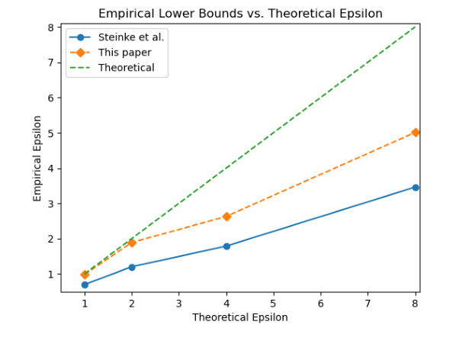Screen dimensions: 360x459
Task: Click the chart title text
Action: [240, 14]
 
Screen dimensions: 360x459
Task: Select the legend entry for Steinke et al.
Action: [130, 37]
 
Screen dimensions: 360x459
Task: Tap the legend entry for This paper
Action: [125, 53]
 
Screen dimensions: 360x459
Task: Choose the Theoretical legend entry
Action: [127, 68]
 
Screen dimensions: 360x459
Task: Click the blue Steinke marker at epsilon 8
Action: [416, 187]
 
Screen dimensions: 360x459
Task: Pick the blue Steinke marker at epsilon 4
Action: [226, 246]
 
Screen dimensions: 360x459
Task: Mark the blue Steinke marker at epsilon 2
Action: [132, 267]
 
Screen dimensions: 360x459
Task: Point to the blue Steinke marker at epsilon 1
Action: [85, 284]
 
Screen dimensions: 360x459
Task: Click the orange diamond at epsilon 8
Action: [416, 132]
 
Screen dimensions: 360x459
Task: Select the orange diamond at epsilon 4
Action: [226, 217]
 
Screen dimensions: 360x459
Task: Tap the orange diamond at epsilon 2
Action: [132, 243]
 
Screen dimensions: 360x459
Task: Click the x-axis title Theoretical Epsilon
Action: [240, 317]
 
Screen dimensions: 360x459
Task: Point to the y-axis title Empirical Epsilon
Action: [37, 159]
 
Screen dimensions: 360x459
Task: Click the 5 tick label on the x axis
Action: [274, 303]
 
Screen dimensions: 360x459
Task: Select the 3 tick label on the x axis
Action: [179, 303]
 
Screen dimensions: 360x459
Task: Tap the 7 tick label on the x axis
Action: [368, 303]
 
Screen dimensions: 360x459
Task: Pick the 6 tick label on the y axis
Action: [50, 98]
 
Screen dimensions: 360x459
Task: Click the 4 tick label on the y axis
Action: [50, 169]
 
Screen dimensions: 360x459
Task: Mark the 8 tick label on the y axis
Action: [50, 27]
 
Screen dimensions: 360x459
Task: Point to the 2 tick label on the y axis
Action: [50, 239]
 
